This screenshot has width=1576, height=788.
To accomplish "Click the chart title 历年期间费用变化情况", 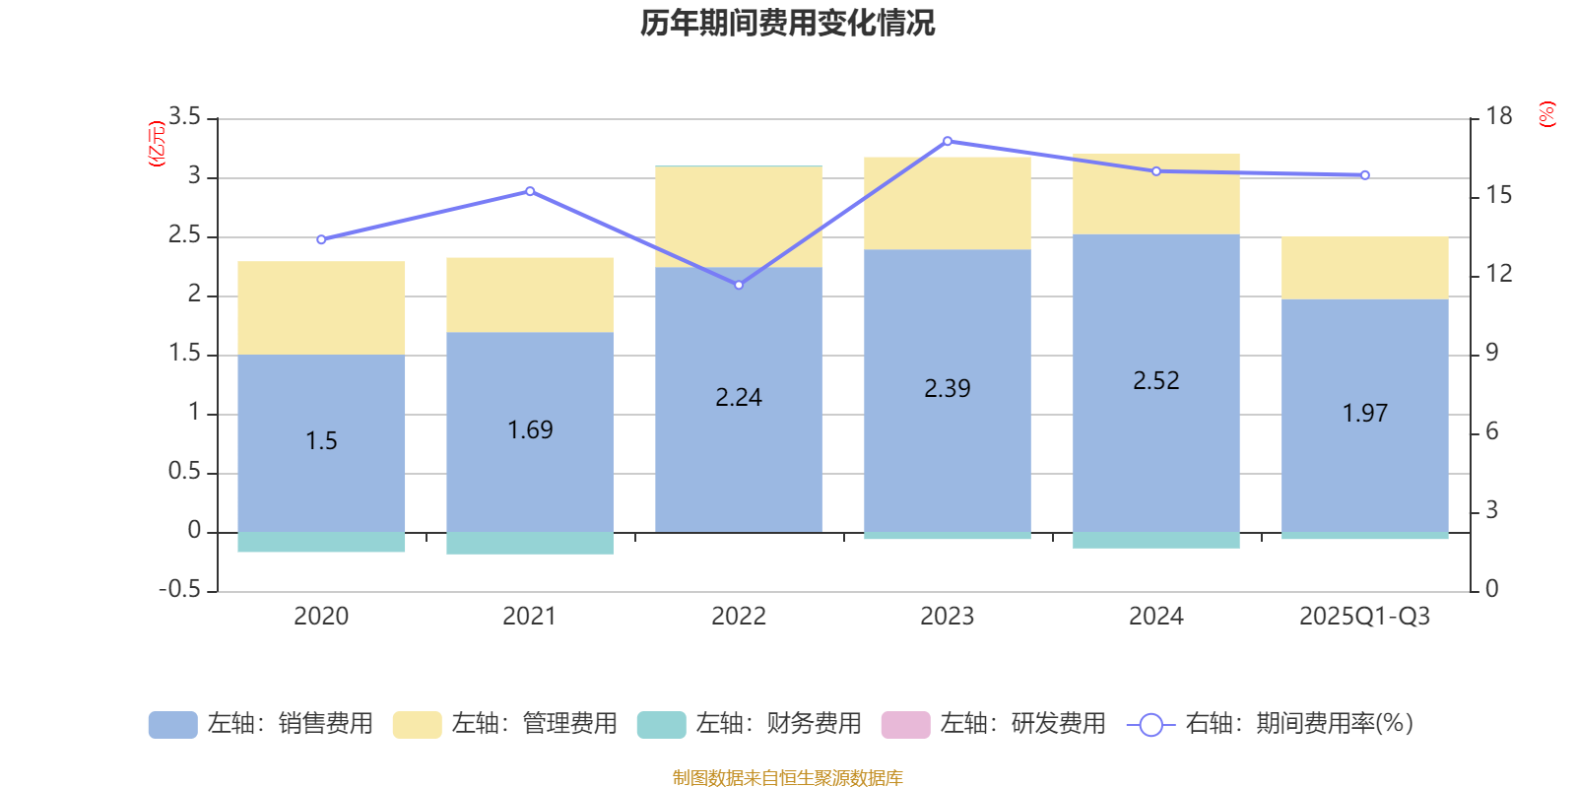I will click(787, 23).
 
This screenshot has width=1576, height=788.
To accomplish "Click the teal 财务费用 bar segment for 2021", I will click(530, 544).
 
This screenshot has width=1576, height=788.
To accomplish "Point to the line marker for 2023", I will click(948, 141).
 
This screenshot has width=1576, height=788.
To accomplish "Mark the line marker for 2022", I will click(739, 285).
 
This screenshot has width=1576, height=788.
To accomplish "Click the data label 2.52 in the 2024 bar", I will click(1155, 381).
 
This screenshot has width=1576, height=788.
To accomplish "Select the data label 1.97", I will click(1364, 414).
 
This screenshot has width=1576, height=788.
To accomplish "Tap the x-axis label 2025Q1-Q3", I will click(1364, 617).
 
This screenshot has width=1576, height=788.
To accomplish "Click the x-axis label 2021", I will click(530, 617).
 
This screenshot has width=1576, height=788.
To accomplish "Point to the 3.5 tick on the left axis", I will click(184, 117).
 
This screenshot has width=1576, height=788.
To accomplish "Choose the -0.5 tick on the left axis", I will click(180, 589).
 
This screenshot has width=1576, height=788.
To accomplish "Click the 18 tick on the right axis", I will click(1498, 116).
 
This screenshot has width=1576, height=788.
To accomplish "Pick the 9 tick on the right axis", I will click(1491, 353).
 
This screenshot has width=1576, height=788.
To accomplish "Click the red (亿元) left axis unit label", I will click(156, 144).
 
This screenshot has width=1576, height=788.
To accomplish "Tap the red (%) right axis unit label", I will click(1546, 114).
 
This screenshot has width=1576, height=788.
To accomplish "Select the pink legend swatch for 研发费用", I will click(905, 724).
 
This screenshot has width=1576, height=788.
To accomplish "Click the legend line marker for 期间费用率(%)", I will click(1150, 725).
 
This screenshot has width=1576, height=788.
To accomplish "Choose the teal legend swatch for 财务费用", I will click(661, 724).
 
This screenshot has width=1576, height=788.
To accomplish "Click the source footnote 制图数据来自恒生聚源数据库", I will click(787, 778).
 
